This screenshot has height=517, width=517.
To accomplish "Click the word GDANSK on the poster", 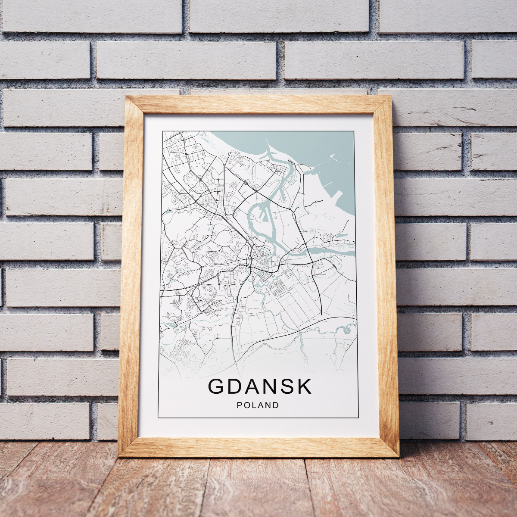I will (260, 386).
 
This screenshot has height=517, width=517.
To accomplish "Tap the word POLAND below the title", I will (258, 405).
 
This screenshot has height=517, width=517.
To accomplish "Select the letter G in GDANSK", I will (217, 386).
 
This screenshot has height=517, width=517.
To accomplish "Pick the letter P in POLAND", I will (239, 405).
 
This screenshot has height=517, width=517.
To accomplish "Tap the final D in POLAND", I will (276, 405).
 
